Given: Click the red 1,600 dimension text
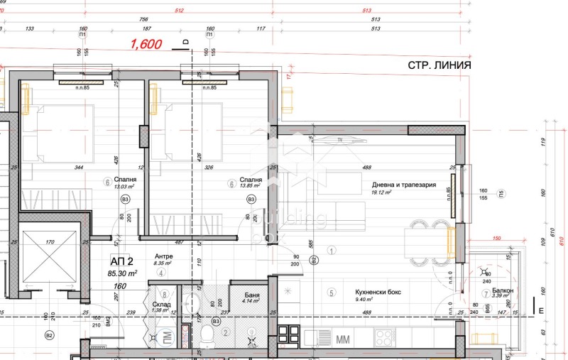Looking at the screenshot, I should (x=145, y=44).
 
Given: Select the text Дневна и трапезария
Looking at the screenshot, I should (x=403, y=185).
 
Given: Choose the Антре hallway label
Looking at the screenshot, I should (x=164, y=256).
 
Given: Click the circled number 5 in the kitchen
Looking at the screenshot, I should (x=331, y=293).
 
